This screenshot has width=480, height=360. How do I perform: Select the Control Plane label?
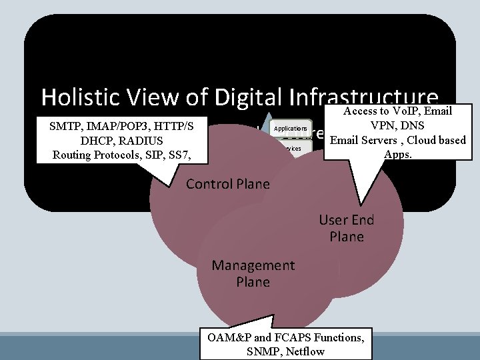pyautogui.click(x=228, y=184)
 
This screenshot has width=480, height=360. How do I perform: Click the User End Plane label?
pyautogui.click(x=347, y=228)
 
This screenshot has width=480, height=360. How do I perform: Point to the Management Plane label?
pyautogui.click(x=253, y=273)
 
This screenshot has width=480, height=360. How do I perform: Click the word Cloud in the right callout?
pyautogui.click(x=419, y=140)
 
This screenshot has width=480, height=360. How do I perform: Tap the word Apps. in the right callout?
pyautogui.click(x=399, y=154)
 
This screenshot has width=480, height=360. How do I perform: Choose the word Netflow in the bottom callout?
pyautogui.click(x=305, y=351)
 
